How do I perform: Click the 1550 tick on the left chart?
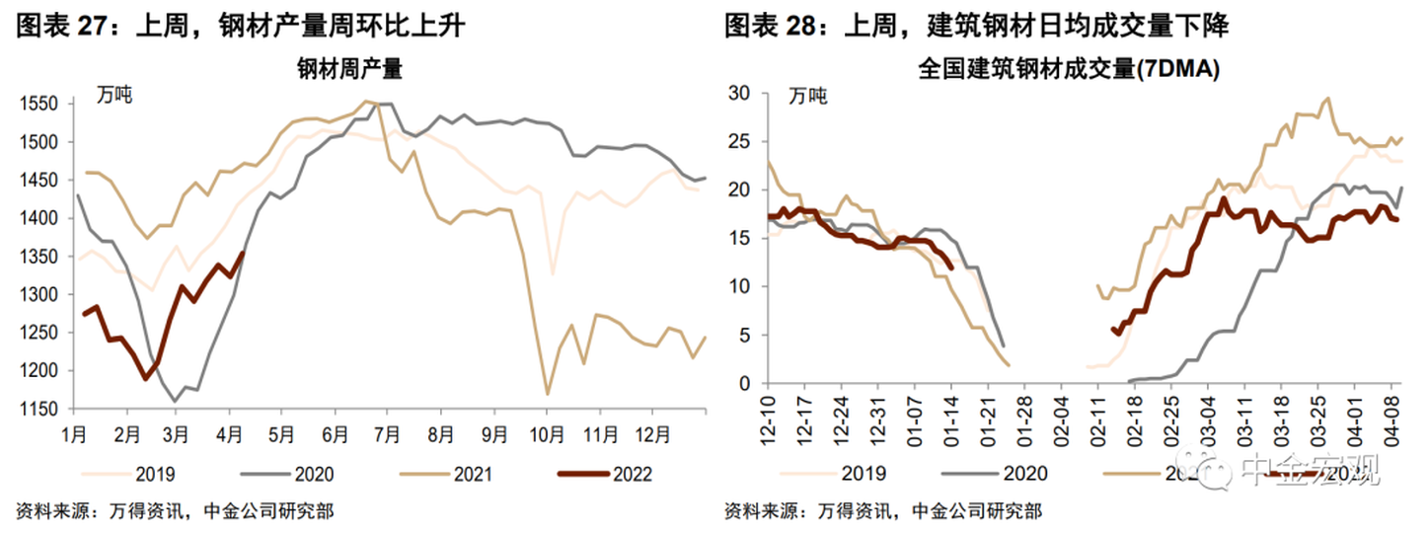40,105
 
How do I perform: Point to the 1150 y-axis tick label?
40,409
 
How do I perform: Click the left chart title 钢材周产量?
349,71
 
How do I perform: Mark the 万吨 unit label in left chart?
114,97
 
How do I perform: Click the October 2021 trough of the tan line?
548,394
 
